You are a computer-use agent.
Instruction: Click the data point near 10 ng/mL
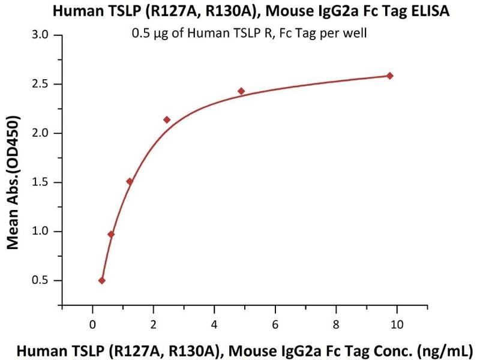[x=390, y=76]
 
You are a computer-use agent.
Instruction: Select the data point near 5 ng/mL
[x=241, y=91]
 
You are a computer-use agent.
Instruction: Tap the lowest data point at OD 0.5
[x=102, y=280]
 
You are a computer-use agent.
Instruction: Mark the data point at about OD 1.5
[x=130, y=181]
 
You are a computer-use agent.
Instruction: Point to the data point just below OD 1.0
[x=111, y=234]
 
